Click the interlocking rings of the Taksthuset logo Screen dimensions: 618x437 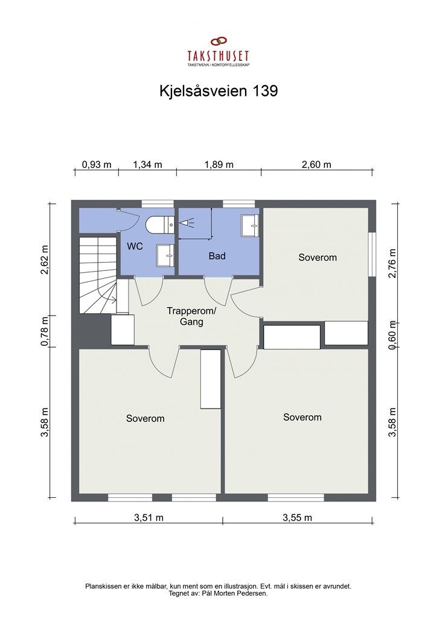pos(218,42)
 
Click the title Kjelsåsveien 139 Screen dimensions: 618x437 pos(218,91)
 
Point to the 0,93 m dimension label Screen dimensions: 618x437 pos(97,165)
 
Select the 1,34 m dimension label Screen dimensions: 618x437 pos(148,165)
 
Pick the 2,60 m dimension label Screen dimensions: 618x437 pos(316,165)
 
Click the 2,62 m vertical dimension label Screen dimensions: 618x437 pos(44,260)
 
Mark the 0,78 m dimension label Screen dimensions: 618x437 pos(44,331)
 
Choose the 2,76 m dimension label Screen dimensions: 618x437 pos(392,263)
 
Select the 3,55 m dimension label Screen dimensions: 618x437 pos(297,517)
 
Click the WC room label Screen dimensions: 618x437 pos(134,246)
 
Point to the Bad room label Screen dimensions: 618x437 pos(217,256)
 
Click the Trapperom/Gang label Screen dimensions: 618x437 pos(191,317)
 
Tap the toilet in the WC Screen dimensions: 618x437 pos(160,225)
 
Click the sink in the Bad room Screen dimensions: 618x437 pos(250,224)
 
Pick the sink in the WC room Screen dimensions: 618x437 pos(164,254)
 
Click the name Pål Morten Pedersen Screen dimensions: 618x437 pos(238,593)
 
